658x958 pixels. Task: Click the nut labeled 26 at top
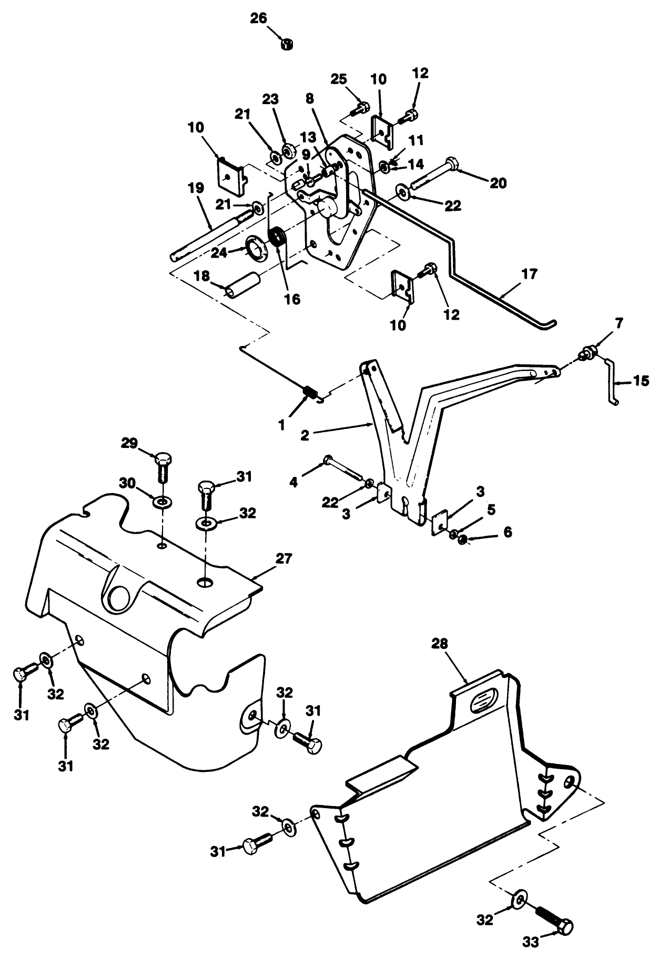click(x=287, y=44)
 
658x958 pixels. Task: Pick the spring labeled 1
click(x=311, y=392)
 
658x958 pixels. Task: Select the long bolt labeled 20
click(x=437, y=172)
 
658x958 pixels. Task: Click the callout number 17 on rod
click(x=530, y=274)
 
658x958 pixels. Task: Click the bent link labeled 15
click(x=612, y=381)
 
